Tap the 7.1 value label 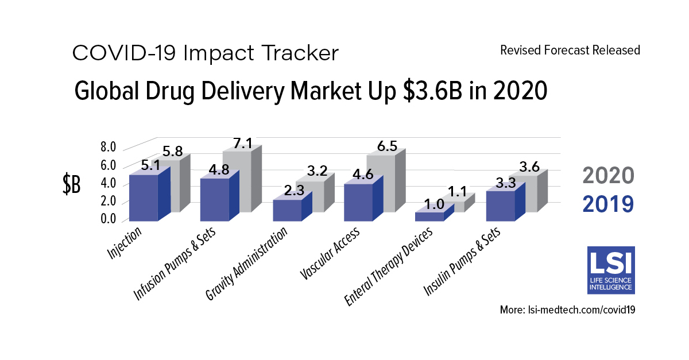click(x=243, y=144)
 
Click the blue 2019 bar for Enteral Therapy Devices click(x=429, y=216)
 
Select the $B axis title click(x=71, y=185)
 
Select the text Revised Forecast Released click(x=570, y=51)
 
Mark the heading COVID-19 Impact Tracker click(x=205, y=53)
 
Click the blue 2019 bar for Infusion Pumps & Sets click(x=214, y=200)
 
